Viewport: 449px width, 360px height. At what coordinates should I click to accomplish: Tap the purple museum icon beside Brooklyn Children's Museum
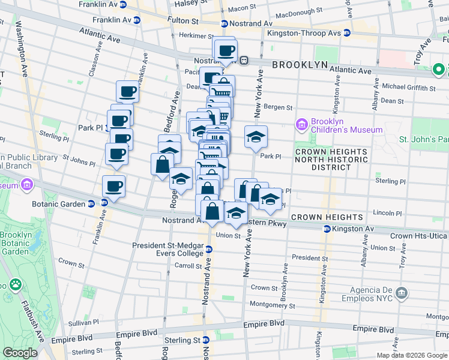tap(302, 125)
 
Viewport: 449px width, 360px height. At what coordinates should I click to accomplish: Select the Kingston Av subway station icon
tap(327, 229)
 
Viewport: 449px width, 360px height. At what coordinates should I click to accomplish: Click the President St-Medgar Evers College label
tap(170, 248)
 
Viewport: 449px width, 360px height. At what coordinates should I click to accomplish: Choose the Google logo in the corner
tap(20, 353)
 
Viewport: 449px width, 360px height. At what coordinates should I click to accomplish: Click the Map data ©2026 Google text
tap(412, 355)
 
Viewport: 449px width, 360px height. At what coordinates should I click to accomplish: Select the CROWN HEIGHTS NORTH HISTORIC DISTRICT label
tap(331, 160)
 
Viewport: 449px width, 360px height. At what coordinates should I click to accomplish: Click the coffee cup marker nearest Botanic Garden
tap(113, 186)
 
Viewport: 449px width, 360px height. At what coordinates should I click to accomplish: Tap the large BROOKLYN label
tap(309, 65)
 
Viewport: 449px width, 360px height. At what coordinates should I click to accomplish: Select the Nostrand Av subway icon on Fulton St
tap(224, 24)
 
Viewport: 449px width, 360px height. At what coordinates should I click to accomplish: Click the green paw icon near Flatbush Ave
tap(16, 284)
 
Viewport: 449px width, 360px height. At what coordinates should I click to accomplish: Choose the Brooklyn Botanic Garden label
tap(17, 243)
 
